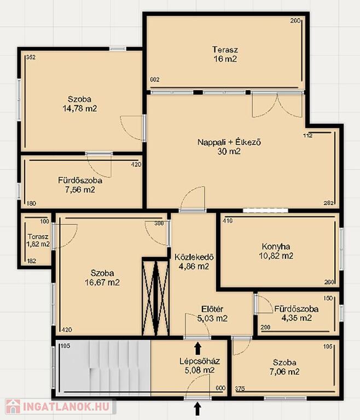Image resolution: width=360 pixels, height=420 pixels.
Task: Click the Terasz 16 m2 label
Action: coord(225,54)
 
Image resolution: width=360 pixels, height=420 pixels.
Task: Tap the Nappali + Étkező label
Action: coord(229,142)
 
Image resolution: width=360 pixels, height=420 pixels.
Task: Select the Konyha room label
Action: coord(276,247)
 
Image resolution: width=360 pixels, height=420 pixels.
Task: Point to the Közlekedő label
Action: coord(194,257)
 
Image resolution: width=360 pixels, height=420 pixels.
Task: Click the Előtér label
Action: coord(212,309)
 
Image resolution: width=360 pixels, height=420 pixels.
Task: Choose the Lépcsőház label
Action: coord(200,361)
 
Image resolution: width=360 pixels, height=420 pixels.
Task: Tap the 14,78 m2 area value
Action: coord(80,109)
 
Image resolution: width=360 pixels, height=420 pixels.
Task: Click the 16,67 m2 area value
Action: coord(102,282)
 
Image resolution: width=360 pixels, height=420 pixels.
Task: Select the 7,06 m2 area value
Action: coord(284,372)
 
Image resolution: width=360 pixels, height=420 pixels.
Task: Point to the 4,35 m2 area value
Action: coord(296,318)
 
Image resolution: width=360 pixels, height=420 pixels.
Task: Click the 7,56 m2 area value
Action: coord(80,190)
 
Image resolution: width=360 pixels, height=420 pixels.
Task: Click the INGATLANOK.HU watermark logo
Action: coord(57,407)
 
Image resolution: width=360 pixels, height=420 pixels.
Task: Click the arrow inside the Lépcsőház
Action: coord(198,348)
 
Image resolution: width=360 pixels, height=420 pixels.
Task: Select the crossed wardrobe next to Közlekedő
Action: coord(155,297)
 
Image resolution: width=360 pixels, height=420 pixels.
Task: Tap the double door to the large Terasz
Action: coord(278,105)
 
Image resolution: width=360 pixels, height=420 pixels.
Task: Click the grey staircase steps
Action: coord(103,368)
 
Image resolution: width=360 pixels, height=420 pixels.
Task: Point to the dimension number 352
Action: coord(31,57)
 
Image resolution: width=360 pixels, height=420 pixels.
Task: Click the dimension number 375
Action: coord(240,389)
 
